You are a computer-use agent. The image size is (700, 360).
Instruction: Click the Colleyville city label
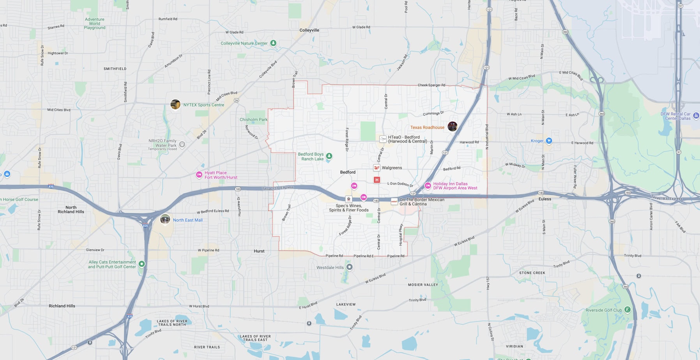(309, 30)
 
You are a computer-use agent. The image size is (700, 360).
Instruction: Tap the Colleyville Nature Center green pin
(273, 43)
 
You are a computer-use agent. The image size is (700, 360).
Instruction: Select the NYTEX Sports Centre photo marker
(175, 104)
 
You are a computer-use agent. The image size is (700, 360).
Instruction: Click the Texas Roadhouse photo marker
(452, 126)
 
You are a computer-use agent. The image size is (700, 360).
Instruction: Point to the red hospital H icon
(377, 180)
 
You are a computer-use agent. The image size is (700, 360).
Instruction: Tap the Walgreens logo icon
(377, 168)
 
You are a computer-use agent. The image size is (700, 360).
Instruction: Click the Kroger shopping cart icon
(549, 141)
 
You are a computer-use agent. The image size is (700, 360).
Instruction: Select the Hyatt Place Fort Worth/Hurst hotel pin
(199, 175)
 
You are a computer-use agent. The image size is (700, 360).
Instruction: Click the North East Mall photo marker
(165, 219)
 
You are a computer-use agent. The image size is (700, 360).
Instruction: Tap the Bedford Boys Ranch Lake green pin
(329, 156)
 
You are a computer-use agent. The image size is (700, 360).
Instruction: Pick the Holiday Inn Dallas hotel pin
(428, 185)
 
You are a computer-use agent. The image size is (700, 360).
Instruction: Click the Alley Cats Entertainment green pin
(142, 264)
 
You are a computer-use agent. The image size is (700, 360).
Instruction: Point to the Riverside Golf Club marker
(627, 310)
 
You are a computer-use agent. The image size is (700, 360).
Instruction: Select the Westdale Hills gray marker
(350, 267)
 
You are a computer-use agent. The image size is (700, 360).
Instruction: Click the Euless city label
(544, 199)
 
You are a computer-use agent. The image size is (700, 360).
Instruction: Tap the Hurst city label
(259, 251)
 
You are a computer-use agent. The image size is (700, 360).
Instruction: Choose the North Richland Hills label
(71, 210)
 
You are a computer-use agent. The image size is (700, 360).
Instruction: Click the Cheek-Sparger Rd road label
(431, 85)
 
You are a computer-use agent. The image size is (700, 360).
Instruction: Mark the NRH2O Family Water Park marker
(182, 145)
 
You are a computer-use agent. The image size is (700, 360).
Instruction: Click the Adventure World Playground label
(95, 23)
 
